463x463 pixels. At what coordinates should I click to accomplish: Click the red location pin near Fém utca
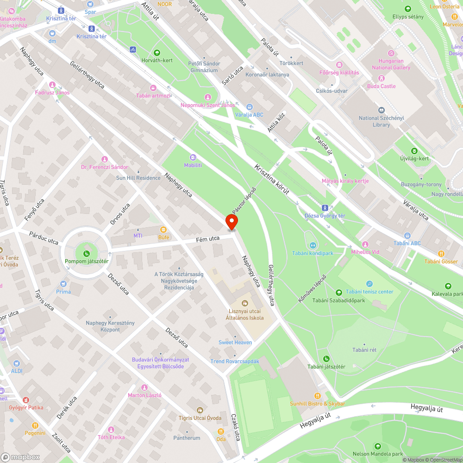(231, 222)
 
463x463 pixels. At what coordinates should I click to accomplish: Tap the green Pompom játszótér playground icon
(87, 253)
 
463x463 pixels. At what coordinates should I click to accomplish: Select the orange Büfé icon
(163, 229)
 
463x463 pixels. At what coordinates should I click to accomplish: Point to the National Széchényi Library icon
(381, 110)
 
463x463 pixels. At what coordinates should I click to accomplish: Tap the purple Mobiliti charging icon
(193, 157)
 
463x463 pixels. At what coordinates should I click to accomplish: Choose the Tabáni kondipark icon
(313, 245)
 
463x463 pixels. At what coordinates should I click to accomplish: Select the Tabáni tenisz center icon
(369, 283)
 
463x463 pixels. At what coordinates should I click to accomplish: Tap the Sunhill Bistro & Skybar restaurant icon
(318, 395)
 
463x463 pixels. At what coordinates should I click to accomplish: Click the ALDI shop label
(17, 370)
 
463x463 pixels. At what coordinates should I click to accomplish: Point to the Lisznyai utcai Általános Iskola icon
(245, 303)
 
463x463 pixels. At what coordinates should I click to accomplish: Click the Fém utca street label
(207, 238)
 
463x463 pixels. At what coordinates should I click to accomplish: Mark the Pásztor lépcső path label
(244, 200)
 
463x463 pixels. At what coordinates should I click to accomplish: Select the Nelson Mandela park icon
(378, 446)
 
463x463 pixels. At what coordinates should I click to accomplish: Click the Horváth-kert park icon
(156, 52)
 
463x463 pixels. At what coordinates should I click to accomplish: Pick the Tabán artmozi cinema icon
(153, 88)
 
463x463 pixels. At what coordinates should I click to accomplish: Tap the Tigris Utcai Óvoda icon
(200, 410)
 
